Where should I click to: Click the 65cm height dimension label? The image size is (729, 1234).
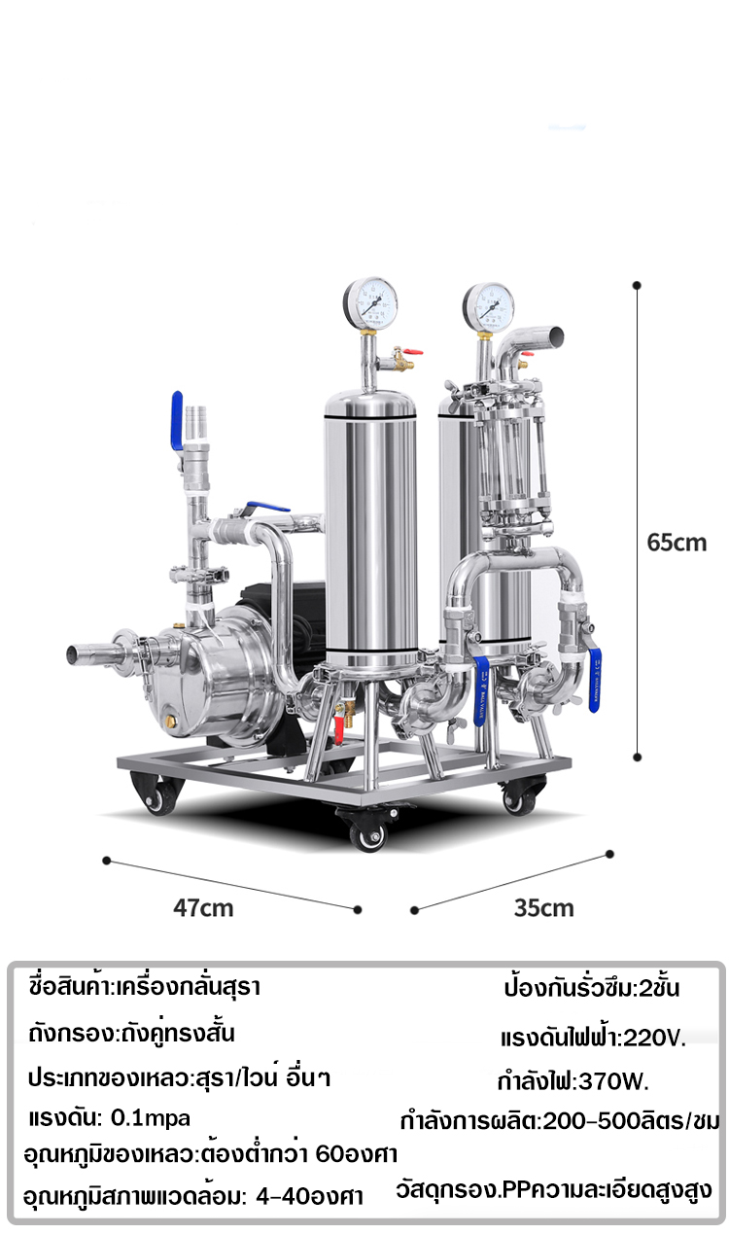point(677,543)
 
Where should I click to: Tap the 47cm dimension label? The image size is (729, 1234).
point(203,908)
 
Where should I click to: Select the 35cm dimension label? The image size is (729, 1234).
point(544,908)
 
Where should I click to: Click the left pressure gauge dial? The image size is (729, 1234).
point(370,303)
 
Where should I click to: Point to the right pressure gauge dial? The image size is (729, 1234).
point(488,307)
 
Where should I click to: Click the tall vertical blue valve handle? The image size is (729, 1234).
point(177,420)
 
